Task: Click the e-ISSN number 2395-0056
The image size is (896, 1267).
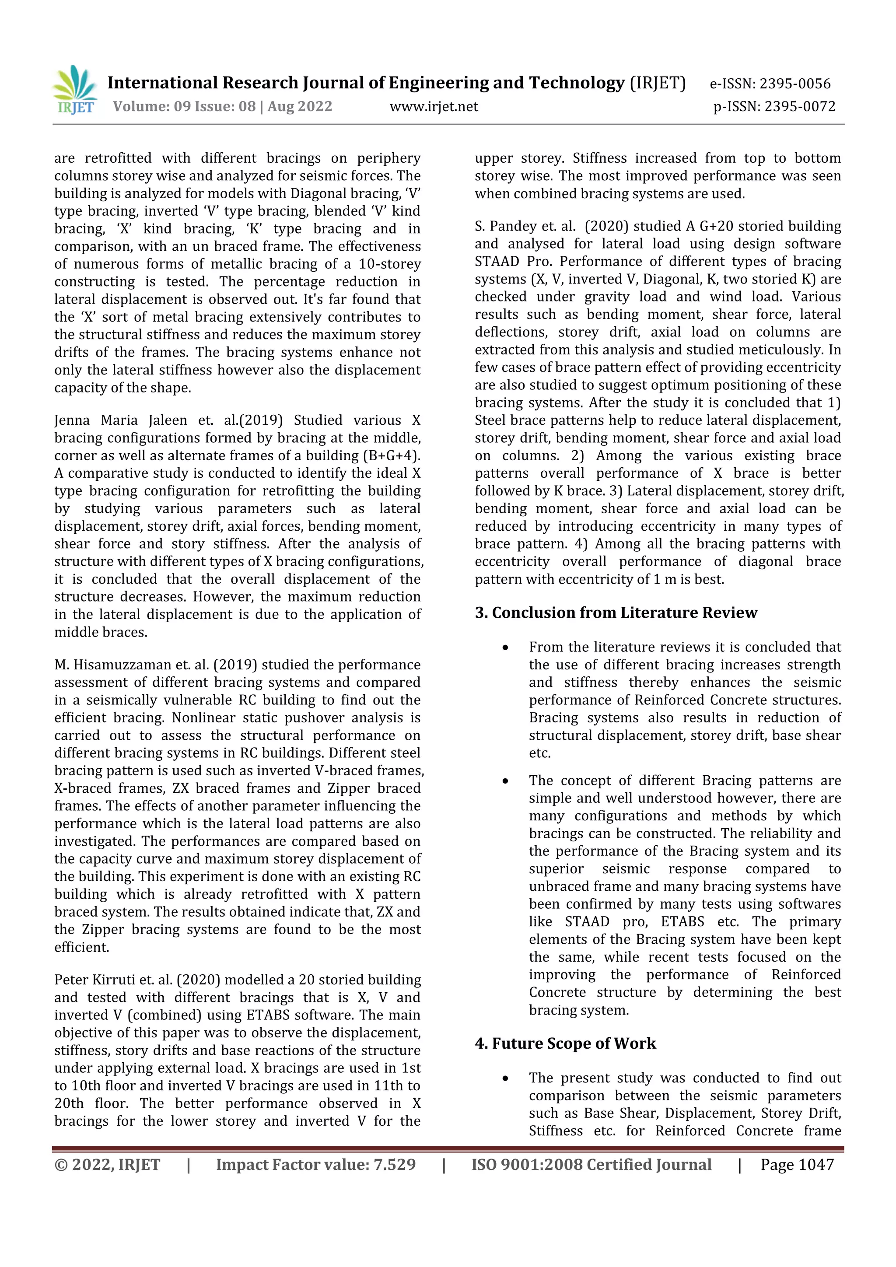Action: click(794, 84)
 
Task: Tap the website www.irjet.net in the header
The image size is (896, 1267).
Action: click(434, 106)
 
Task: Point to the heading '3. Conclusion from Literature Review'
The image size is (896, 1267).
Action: click(616, 612)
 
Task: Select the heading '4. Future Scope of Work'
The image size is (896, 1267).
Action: click(566, 1043)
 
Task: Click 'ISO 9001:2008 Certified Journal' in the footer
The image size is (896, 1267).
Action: click(591, 1164)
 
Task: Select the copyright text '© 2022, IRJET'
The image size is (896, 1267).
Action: click(108, 1164)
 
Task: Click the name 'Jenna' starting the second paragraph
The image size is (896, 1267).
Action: click(72, 420)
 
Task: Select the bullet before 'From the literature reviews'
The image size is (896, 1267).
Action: click(505, 647)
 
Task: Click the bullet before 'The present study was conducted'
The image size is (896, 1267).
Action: click(505, 1078)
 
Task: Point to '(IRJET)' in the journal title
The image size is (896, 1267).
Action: click(658, 83)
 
